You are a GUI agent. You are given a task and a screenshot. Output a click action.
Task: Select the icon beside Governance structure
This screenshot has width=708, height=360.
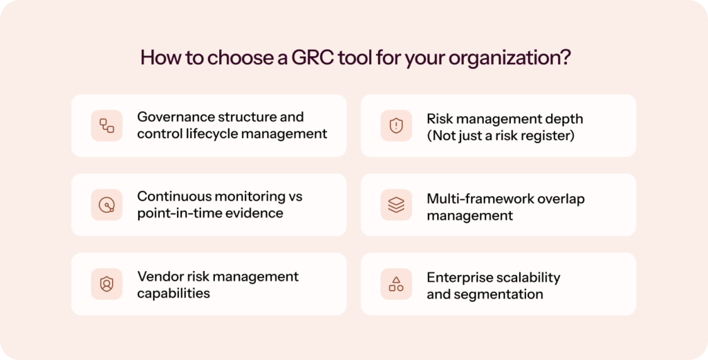click(106, 126)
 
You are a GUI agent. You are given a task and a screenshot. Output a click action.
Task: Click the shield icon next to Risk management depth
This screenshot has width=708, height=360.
click(396, 126)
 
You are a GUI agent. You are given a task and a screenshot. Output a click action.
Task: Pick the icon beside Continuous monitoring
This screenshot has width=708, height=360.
click(106, 205)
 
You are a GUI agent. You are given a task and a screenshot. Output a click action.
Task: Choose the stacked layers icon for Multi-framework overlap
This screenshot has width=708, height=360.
click(396, 205)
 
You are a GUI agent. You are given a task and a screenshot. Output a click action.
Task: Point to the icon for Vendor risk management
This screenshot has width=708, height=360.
click(106, 284)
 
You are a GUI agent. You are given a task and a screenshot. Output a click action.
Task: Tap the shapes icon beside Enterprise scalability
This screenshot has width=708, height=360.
click(396, 284)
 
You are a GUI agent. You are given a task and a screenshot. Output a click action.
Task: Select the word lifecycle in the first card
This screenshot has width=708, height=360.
click(205, 134)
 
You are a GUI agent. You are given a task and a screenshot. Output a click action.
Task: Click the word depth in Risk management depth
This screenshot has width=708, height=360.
click(565, 119)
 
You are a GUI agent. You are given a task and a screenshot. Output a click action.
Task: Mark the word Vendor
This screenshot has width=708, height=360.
click(158, 276)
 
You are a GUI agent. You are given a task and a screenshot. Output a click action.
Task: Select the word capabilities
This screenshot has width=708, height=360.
click(174, 294)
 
